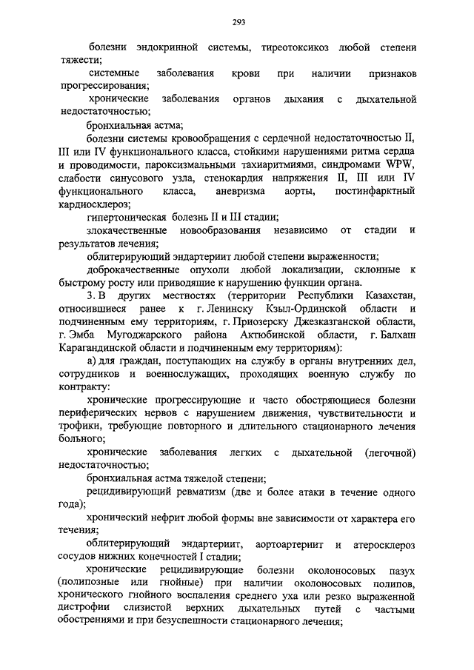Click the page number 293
click(x=237, y=20)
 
